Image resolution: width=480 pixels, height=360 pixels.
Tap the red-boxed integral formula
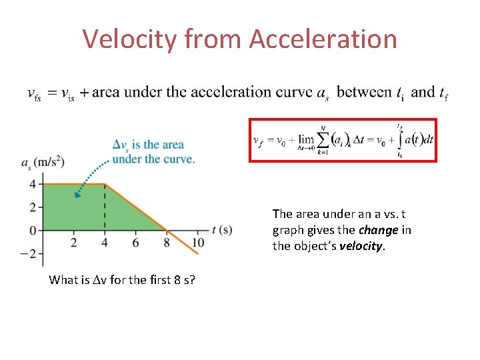[x=343, y=140]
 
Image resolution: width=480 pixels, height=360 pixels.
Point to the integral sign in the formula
[x=399, y=140]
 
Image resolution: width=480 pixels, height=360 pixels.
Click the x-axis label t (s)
[x=221, y=230]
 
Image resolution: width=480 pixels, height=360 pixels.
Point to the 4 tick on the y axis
[x=31, y=183]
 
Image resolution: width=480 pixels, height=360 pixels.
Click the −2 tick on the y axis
[x=29, y=253]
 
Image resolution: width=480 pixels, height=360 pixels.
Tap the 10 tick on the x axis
[x=198, y=243]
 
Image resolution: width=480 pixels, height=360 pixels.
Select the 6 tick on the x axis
[x=136, y=243]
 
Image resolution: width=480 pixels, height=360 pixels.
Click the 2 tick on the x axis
[x=73, y=243]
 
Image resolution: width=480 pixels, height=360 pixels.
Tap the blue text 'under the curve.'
[x=153, y=159]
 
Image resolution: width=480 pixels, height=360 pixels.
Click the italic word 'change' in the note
[x=379, y=230]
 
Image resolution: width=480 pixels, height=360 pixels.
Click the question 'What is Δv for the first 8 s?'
[x=122, y=279]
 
